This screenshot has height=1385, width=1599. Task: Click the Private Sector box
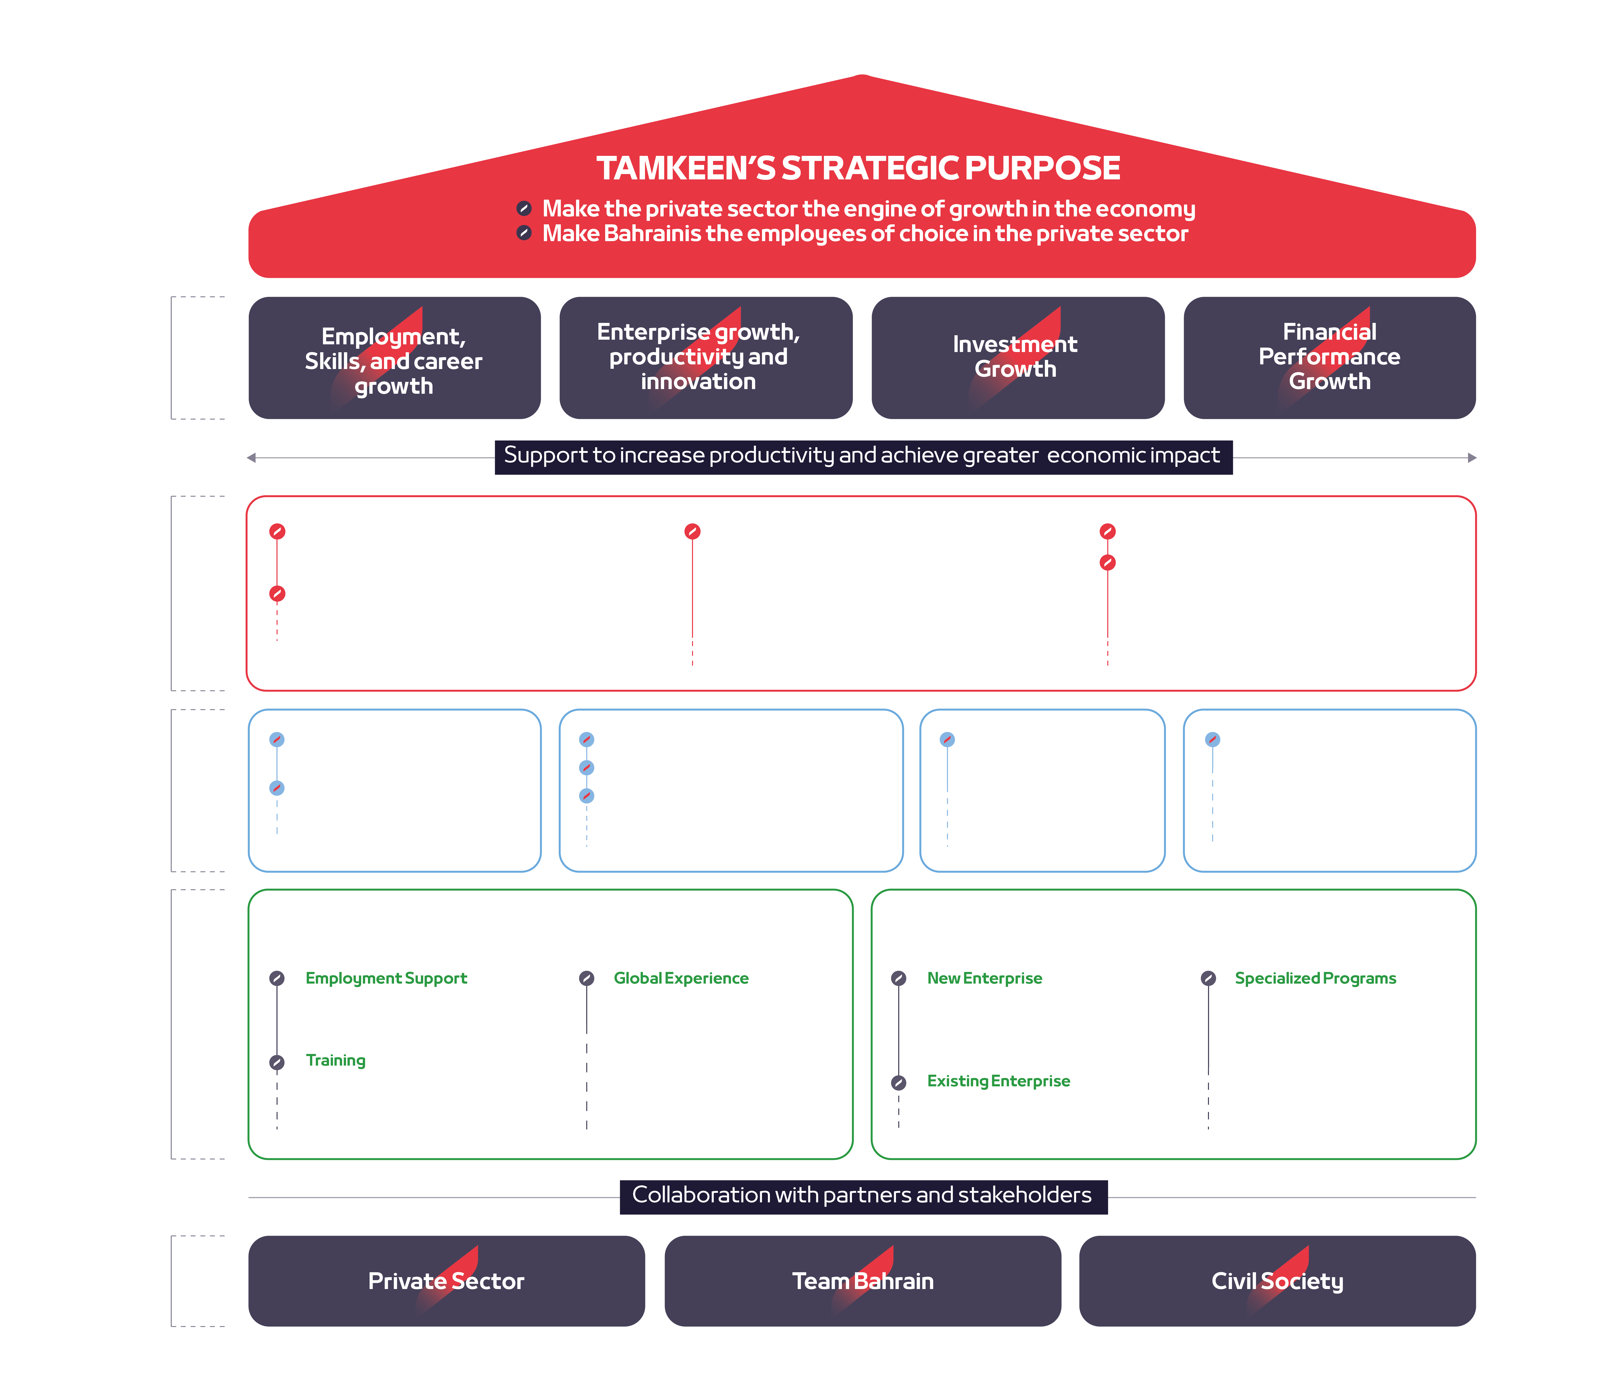[x=446, y=1281]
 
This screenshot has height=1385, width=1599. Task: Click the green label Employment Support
[x=386, y=978]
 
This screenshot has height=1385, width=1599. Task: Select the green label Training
[x=336, y=1060]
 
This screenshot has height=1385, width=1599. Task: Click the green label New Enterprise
[x=984, y=978]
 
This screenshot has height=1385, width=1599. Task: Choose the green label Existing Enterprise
[x=998, y=1081]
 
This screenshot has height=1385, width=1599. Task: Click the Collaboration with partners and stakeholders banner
[x=863, y=1196]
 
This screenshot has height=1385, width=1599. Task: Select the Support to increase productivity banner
[x=863, y=456]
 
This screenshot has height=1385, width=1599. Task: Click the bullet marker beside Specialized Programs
[x=1208, y=978]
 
